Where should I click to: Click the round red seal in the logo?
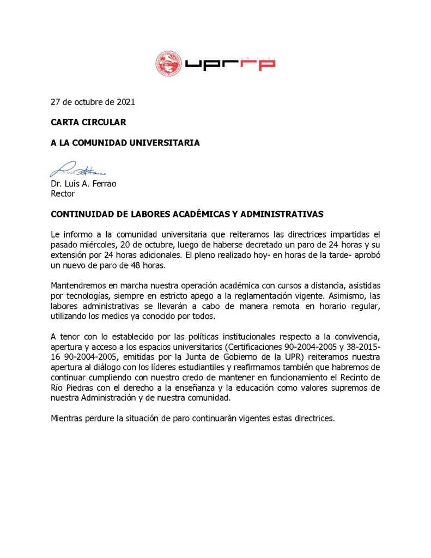click(168, 64)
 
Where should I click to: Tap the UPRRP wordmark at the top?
click(230, 63)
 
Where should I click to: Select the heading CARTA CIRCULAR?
click(88, 123)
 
